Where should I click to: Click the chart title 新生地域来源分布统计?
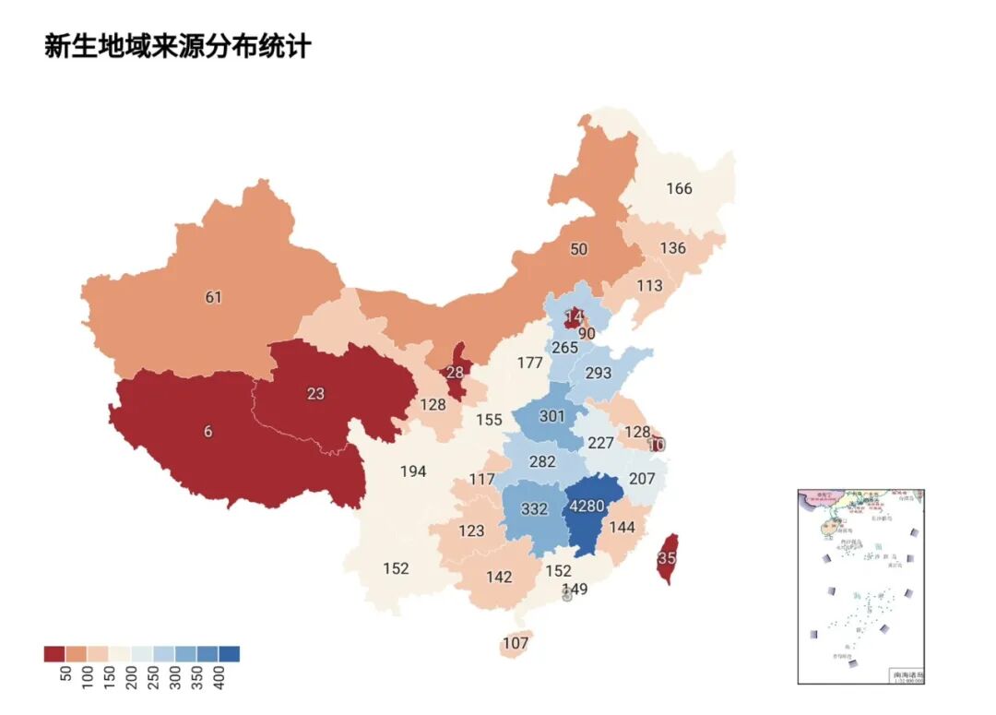[178, 46]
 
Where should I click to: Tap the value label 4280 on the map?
[587, 506]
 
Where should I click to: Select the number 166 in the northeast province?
[679, 189]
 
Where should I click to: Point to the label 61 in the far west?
[214, 297]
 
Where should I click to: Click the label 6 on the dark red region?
[208, 432]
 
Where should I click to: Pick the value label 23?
[316, 393]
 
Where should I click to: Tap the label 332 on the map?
[535, 509]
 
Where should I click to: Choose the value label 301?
[551, 417]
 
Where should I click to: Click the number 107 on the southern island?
[516, 643]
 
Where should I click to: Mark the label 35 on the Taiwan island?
[667, 558]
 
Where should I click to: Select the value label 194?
[413, 471]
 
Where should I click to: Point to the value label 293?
[599, 374]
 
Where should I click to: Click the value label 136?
[673, 248]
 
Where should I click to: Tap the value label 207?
[642, 479]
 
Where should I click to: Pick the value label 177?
[529, 363]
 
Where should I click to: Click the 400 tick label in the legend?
[219, 677]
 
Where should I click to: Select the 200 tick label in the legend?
[131, 677]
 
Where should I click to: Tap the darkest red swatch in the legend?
[53, 654]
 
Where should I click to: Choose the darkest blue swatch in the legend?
[230, 654]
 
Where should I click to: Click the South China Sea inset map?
[860, 586]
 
